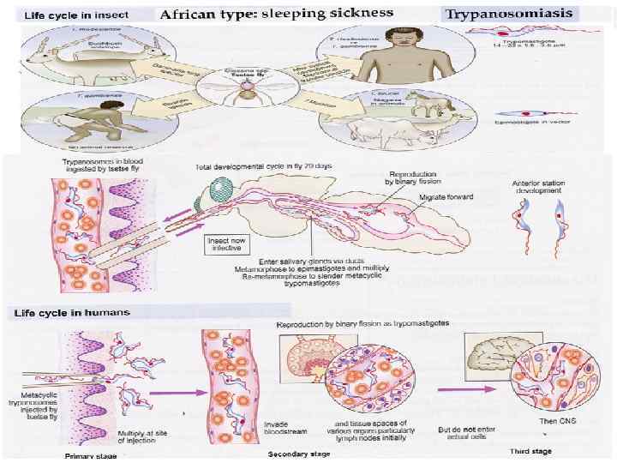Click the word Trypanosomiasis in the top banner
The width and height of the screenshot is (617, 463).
point(511,14)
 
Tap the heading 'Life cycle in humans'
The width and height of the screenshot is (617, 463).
point(70,313)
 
